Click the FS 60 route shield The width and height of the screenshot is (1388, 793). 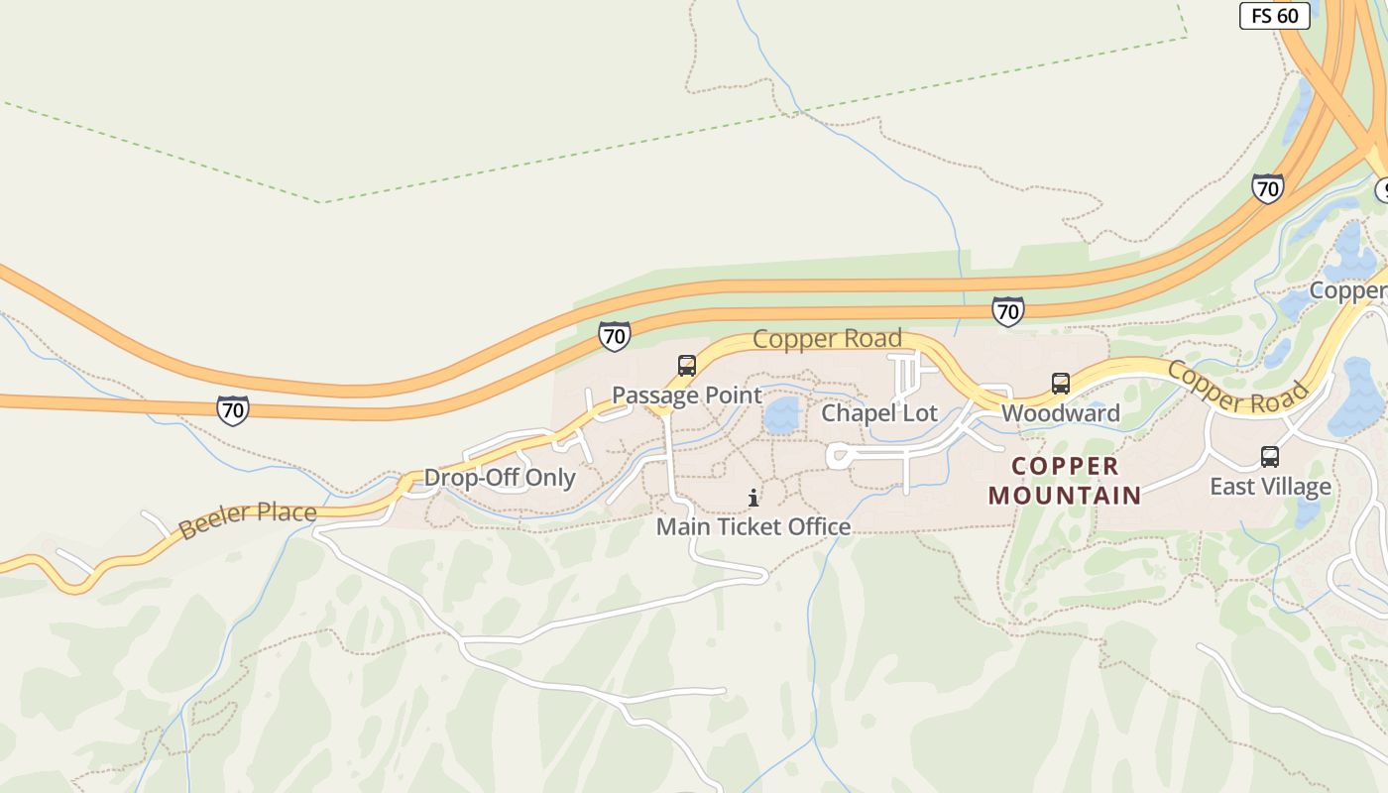[1275, 16]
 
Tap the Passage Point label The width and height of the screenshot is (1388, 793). [687, 396]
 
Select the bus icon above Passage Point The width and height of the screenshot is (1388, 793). [687, 366]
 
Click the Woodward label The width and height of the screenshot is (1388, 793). [1061, 413]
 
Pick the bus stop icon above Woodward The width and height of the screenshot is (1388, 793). [1061, 384]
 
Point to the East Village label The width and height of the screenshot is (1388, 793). [1270, 487]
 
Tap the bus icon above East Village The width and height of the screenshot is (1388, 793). [1270, 457]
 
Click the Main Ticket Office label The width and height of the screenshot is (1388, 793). [753, 526]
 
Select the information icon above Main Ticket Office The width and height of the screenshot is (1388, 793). [753, 498]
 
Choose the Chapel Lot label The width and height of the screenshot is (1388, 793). [879, 413]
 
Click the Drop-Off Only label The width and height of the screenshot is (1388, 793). [500, 478]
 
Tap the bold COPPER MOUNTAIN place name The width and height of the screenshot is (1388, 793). [1065, 481]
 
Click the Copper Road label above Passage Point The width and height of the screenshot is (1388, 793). [827, 339]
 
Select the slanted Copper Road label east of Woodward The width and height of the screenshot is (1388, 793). [1237, 387]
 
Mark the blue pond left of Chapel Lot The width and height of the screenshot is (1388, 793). [782, 415]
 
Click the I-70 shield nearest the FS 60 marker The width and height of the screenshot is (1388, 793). [1267, 188]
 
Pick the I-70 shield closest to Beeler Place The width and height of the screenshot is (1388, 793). [233, 409]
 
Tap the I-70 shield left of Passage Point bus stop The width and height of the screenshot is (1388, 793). [615, 336]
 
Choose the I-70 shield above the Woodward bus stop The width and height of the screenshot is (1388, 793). [1007, 311]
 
